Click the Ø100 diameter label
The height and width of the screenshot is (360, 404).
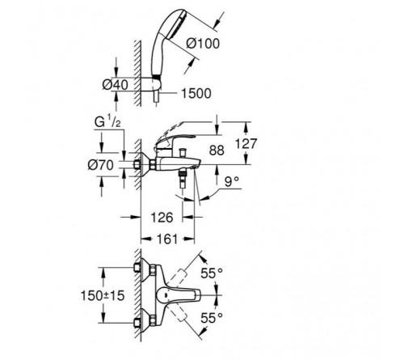203,44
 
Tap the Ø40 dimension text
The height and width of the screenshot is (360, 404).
116,85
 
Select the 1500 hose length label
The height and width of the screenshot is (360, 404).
196,94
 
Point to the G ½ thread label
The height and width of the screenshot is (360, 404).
107,122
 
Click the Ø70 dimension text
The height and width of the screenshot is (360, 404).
101,165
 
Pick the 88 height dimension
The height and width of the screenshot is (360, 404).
217,150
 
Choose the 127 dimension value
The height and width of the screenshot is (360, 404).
246,143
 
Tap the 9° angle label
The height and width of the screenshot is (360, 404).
232,182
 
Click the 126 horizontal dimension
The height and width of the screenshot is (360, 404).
162,218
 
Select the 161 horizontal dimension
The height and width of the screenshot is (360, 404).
167,239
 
